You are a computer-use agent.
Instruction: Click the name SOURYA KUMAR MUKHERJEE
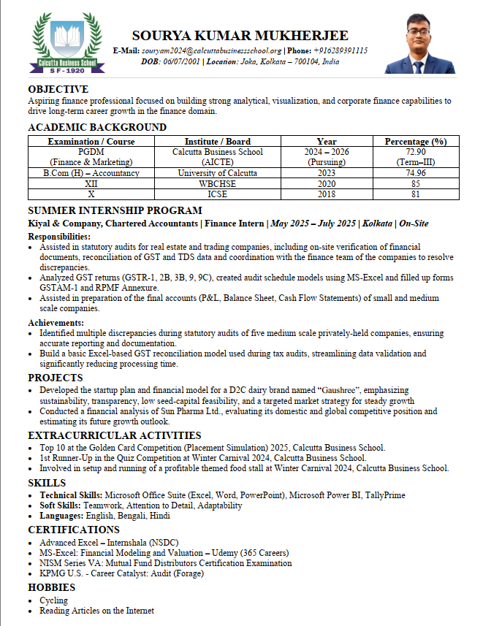240,36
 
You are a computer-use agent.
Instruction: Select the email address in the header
201,50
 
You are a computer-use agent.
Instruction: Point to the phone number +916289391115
341,50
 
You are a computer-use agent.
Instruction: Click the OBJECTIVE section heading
58,89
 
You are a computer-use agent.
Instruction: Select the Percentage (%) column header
415,142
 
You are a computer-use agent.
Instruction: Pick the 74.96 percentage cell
415,173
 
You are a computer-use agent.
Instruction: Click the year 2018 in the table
327,194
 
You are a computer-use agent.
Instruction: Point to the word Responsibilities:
59,237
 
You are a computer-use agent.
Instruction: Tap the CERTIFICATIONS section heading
74,530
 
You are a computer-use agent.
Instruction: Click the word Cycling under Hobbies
54,600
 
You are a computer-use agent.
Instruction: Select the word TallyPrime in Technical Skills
378,495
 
